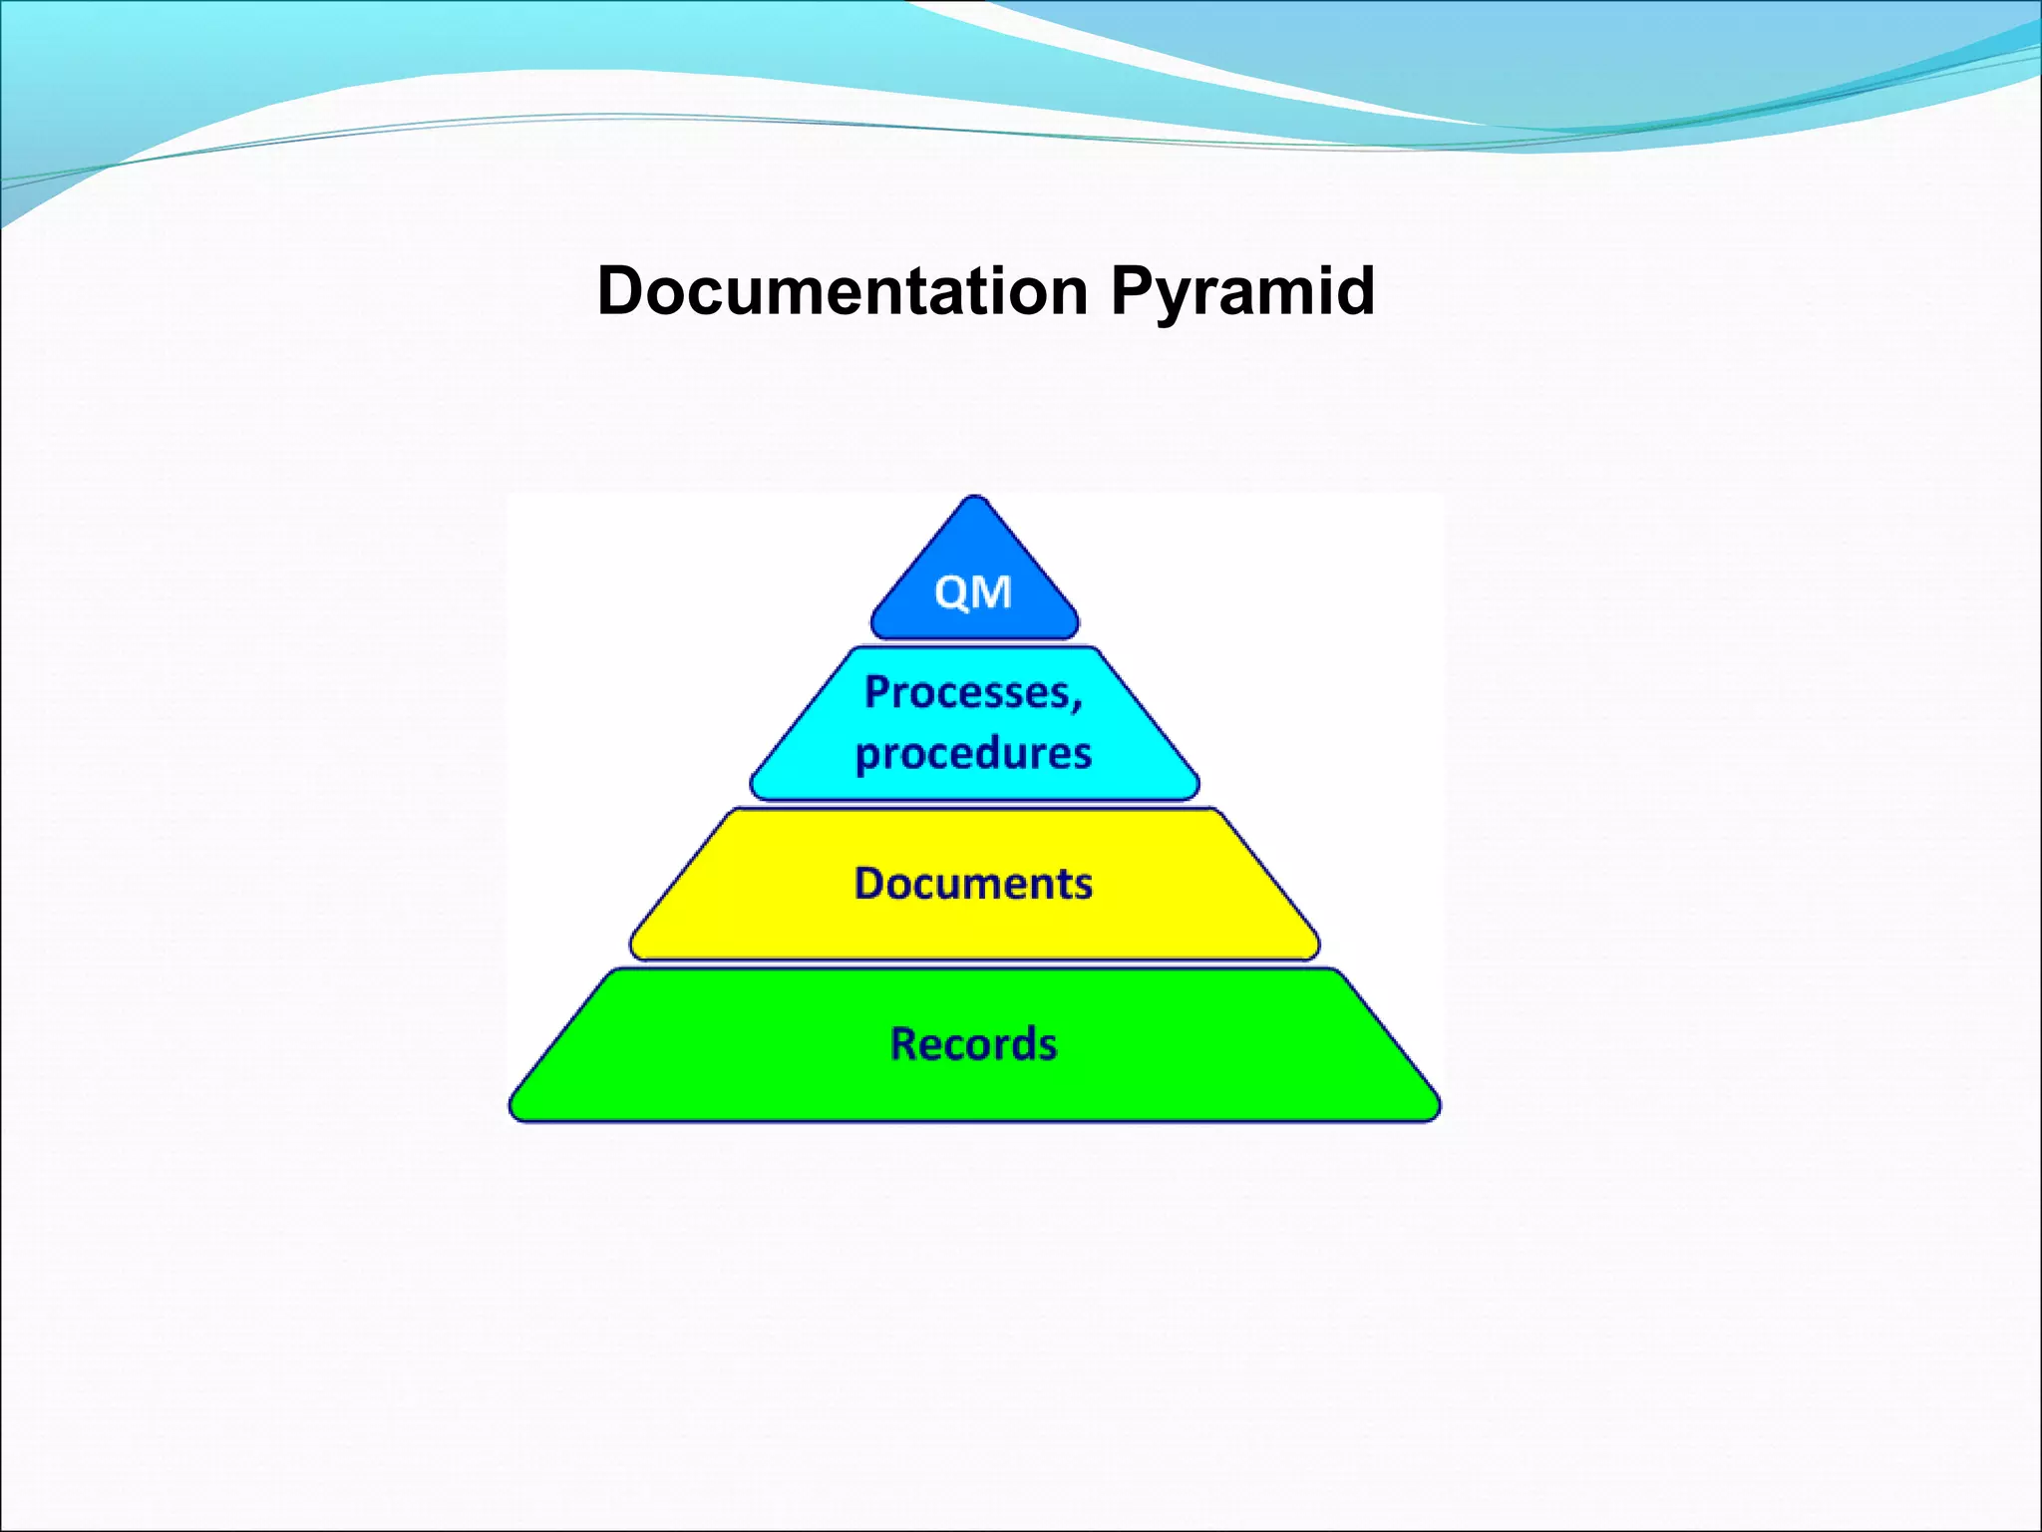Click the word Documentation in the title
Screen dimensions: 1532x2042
843,291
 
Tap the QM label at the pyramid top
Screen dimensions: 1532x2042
973,592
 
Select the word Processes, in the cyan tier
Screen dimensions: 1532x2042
973,692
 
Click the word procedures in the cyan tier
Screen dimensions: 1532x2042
973,754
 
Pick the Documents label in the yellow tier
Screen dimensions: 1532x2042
973,884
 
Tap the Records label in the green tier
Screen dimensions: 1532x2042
973,1044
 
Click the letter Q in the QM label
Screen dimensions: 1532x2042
952,593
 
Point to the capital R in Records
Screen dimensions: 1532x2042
903,1044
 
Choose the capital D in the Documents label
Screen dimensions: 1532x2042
870,884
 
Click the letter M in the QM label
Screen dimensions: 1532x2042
993,592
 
